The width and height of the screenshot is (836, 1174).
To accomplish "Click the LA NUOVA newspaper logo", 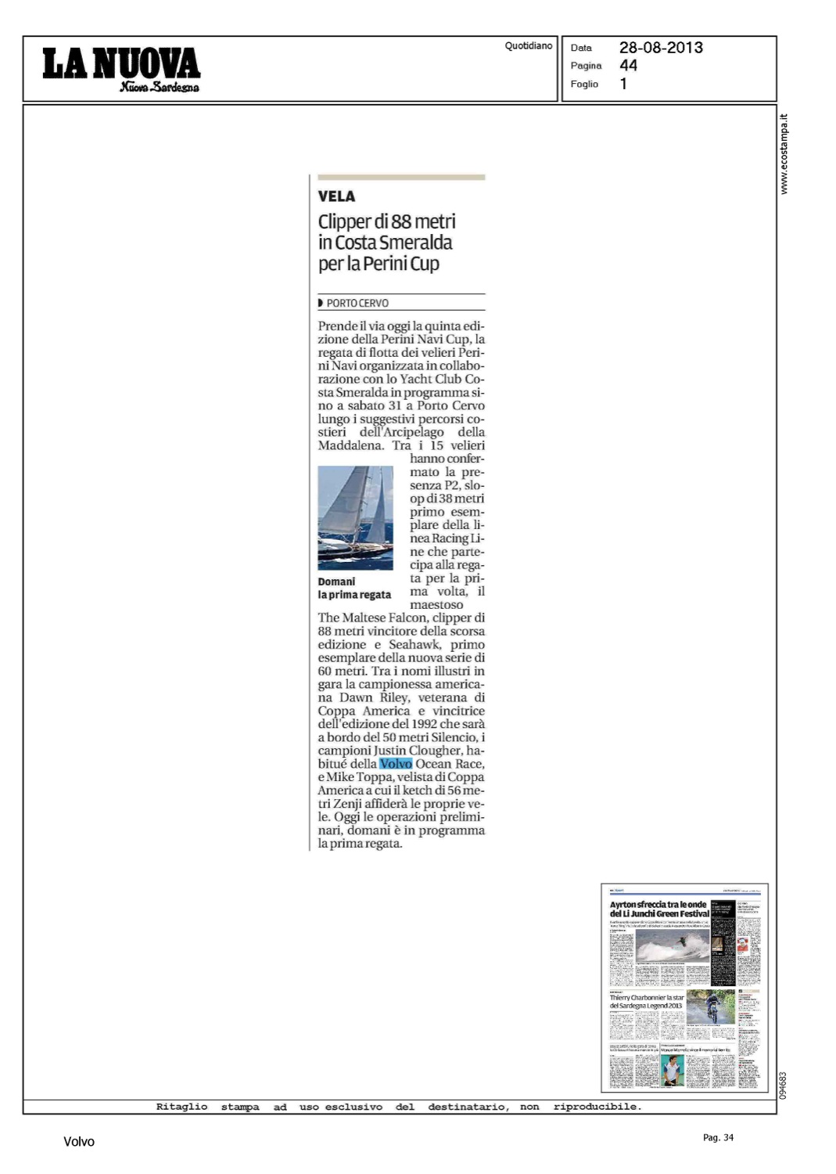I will (121, 68).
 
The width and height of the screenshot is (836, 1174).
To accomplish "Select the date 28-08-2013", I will (661, 48).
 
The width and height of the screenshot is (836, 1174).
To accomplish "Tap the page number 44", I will (628, 66).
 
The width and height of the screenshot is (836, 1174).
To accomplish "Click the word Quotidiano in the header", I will (528, 46).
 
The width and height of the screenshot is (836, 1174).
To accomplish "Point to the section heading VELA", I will (336, 196).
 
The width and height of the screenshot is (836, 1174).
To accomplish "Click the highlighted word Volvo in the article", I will (396, 764).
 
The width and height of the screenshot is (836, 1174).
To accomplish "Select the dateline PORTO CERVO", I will (357, 303).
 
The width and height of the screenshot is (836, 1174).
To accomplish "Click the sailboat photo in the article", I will (355, 517).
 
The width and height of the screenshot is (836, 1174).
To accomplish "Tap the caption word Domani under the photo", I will (336, 582).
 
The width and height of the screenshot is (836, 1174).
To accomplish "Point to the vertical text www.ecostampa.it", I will (784, 154).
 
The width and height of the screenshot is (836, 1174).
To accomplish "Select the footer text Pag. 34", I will (718, 1137).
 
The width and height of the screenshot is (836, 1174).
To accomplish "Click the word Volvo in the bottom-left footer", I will (79, 1142).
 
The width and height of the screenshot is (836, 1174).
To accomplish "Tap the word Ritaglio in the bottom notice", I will (181, 1107).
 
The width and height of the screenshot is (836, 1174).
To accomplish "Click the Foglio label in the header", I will (584, 84).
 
